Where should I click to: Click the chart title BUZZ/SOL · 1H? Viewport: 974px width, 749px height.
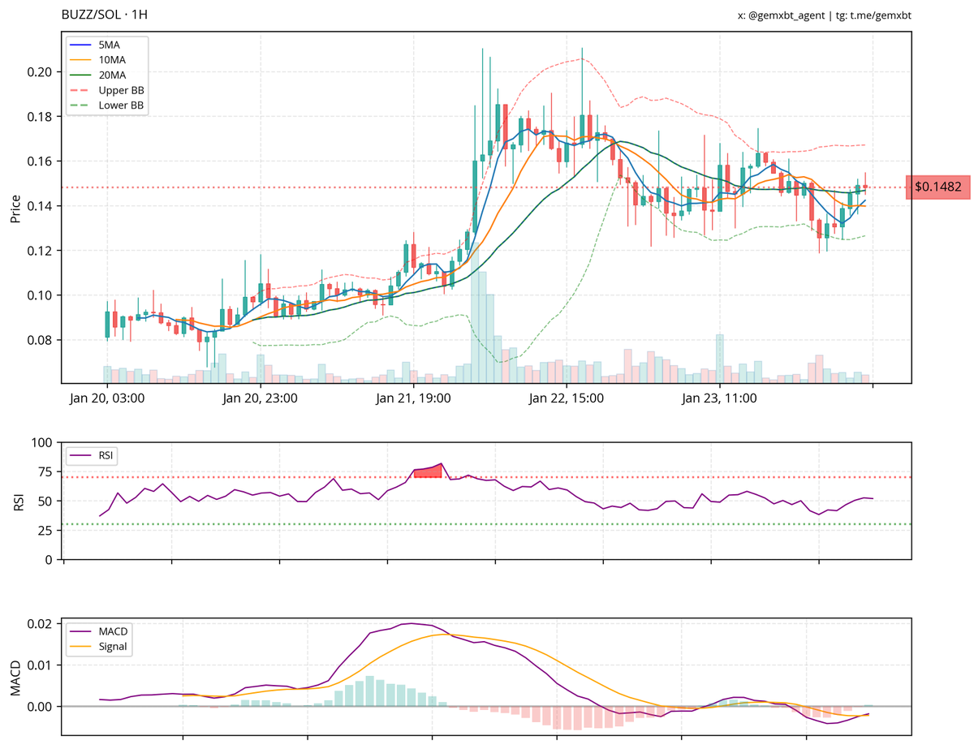coord(105,15)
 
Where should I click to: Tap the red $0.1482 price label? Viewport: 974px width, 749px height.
coord(937,187)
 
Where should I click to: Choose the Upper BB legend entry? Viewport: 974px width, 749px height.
coord(121,90)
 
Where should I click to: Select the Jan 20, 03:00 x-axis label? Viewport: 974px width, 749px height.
coord(107,398)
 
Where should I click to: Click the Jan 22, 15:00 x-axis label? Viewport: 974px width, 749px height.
coord(567,398)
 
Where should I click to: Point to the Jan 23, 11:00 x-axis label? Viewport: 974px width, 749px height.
coord(719,398)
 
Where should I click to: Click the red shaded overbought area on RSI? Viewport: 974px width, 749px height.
coord(429,471)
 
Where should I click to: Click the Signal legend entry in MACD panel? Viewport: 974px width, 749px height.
coord(112,647)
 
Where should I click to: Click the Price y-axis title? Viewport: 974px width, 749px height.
coord(15,207)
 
